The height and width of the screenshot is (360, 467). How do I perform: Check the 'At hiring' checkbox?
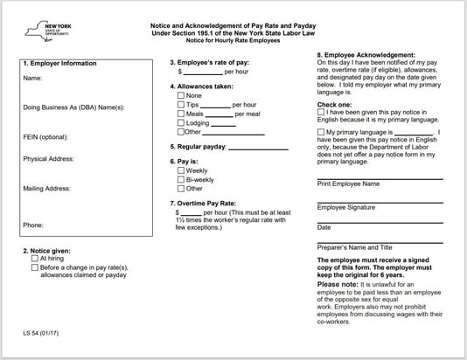[35, 260]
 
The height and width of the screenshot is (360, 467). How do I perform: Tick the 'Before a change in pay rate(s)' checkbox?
[35, 268]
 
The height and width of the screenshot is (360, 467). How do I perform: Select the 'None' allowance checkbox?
[181, 94]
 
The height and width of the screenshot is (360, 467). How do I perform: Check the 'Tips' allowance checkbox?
[181, 104]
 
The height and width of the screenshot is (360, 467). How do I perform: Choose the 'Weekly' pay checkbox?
[181, 170]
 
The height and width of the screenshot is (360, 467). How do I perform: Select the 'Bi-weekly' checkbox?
[181, 179]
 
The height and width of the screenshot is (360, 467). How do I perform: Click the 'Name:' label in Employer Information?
[33, 79]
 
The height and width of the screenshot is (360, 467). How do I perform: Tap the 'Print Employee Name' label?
[348, 184]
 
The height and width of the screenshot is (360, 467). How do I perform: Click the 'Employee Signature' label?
[346, 207]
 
